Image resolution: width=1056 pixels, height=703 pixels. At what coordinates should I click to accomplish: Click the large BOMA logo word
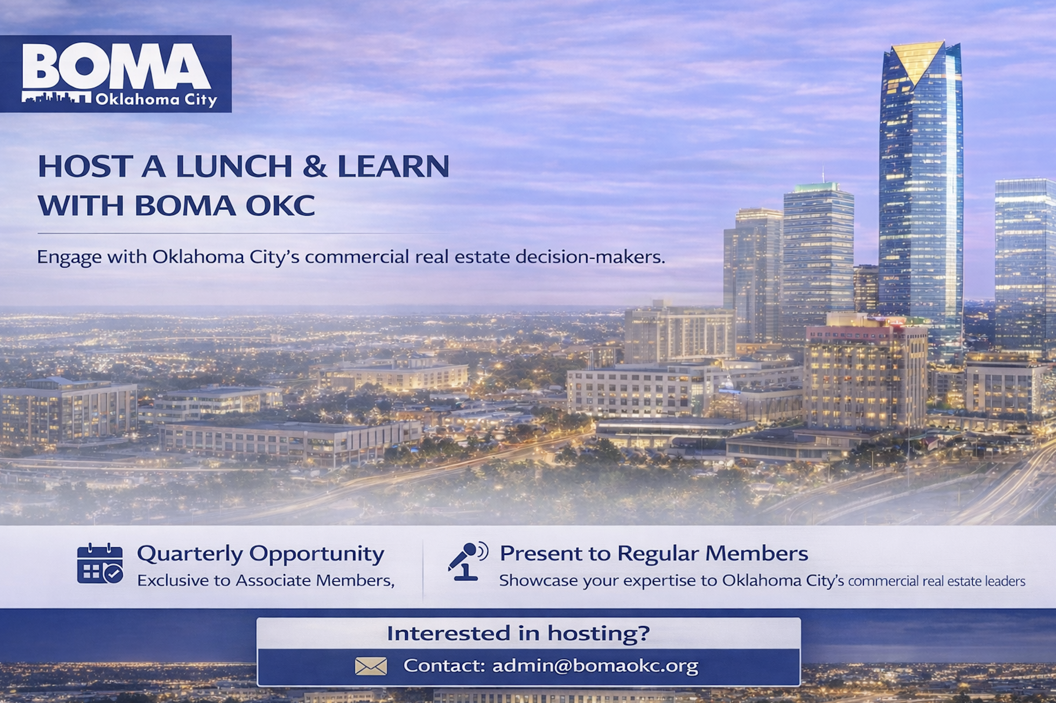click(x=116, y=66)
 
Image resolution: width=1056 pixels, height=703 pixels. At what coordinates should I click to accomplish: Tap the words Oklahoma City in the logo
click(x=157, y=99)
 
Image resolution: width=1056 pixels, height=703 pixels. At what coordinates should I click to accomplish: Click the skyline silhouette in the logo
click(x=56, y=98)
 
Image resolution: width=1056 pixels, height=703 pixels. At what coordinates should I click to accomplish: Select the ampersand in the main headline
click(x=315, y=166)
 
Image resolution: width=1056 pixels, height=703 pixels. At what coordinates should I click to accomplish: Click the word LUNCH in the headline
click(x=234, y=166)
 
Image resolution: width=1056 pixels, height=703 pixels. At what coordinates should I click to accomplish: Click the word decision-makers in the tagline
click(x=590, y=257)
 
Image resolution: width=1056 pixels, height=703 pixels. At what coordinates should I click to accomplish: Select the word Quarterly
click(x=190, y=554)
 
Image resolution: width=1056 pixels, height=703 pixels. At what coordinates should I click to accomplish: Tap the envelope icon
click(x=371, y=666)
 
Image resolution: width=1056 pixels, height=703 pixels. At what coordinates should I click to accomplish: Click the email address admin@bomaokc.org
click(x=595, y=666)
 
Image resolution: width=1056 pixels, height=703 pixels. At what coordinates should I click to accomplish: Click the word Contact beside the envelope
click(x=444, y=666)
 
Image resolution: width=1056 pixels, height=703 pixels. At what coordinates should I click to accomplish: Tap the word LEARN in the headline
click(x=393, y=166)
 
